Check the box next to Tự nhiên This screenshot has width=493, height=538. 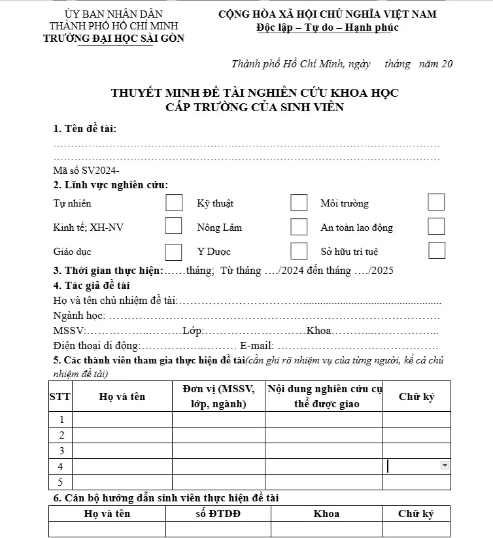pos(174,203)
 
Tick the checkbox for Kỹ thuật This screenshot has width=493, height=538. pos(299,203)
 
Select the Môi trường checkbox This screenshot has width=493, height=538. pos(436,203)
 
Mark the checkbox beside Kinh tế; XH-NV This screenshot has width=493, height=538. pos(173,226)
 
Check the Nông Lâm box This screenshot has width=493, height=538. pos(299,227)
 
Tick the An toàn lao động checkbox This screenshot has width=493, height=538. pos(436,226)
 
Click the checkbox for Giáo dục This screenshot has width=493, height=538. pos(173,252)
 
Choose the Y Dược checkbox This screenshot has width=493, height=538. pos(299,251)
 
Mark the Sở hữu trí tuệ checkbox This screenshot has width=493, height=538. pos(437,250)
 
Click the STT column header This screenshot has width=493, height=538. pos(60,396)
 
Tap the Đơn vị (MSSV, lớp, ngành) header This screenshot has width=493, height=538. pos(219,396)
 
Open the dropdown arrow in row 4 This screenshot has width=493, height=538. pos(445,465)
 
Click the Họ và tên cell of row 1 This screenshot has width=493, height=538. pos(122,419)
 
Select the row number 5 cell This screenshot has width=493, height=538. pos(61,482)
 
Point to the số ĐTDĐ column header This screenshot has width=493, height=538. pos(218,513)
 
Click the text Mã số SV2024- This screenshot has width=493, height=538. pos(86,170)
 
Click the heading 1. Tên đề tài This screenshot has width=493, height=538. pos(86,128)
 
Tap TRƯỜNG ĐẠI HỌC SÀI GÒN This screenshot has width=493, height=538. pos(114,39)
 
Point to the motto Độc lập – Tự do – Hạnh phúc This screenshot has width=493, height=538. pos(328,27)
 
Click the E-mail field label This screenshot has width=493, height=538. pos(257,345)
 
